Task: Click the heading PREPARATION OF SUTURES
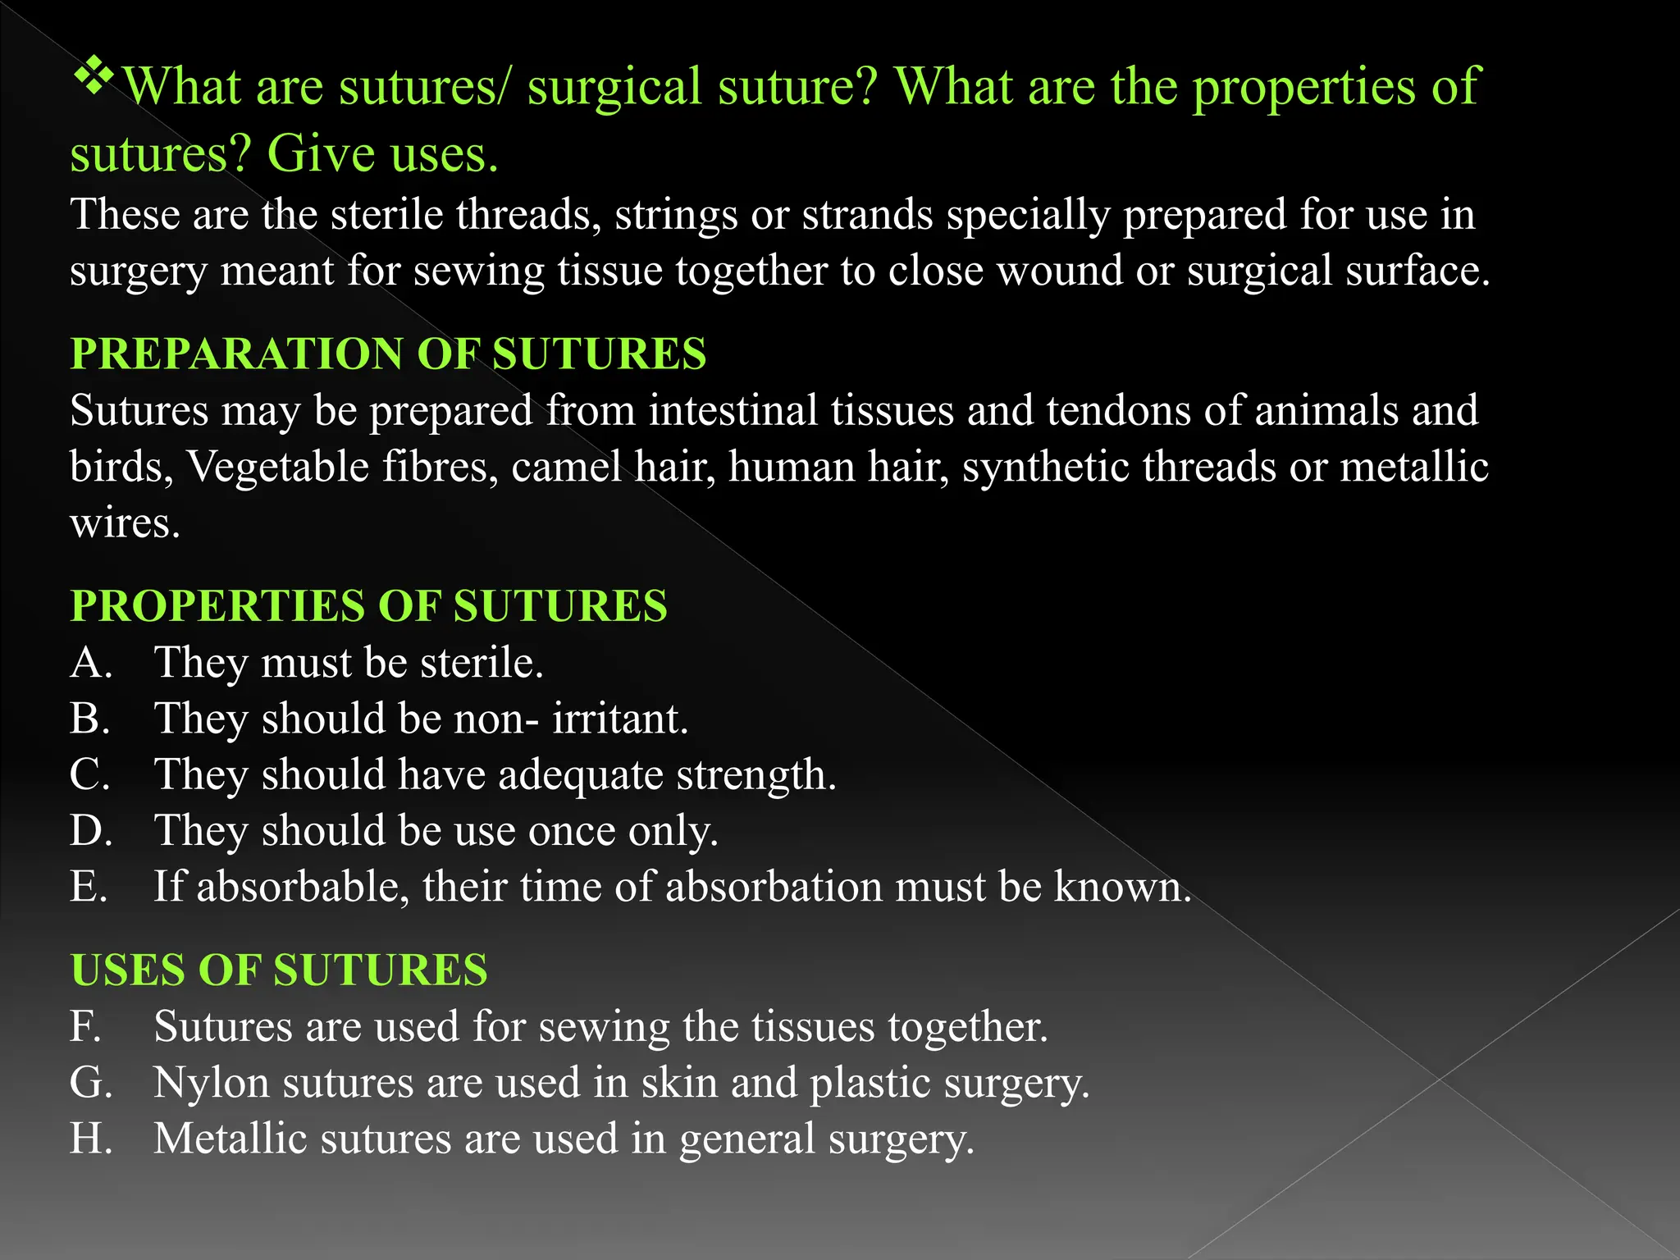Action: point(388,354)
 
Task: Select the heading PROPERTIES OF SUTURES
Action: point(368,606)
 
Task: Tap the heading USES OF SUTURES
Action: point(279,970)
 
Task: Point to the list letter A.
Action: point(89,663)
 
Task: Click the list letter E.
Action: point(88,887)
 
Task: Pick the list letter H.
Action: point(90,1139)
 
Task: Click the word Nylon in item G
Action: point(212,1083)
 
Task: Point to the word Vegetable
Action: point(278,467)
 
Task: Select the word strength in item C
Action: point(756,775)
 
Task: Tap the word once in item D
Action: point(571,831)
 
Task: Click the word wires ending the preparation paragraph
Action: point(124,523)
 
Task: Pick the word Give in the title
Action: point(317,154)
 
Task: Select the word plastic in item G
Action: point(870,1083)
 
